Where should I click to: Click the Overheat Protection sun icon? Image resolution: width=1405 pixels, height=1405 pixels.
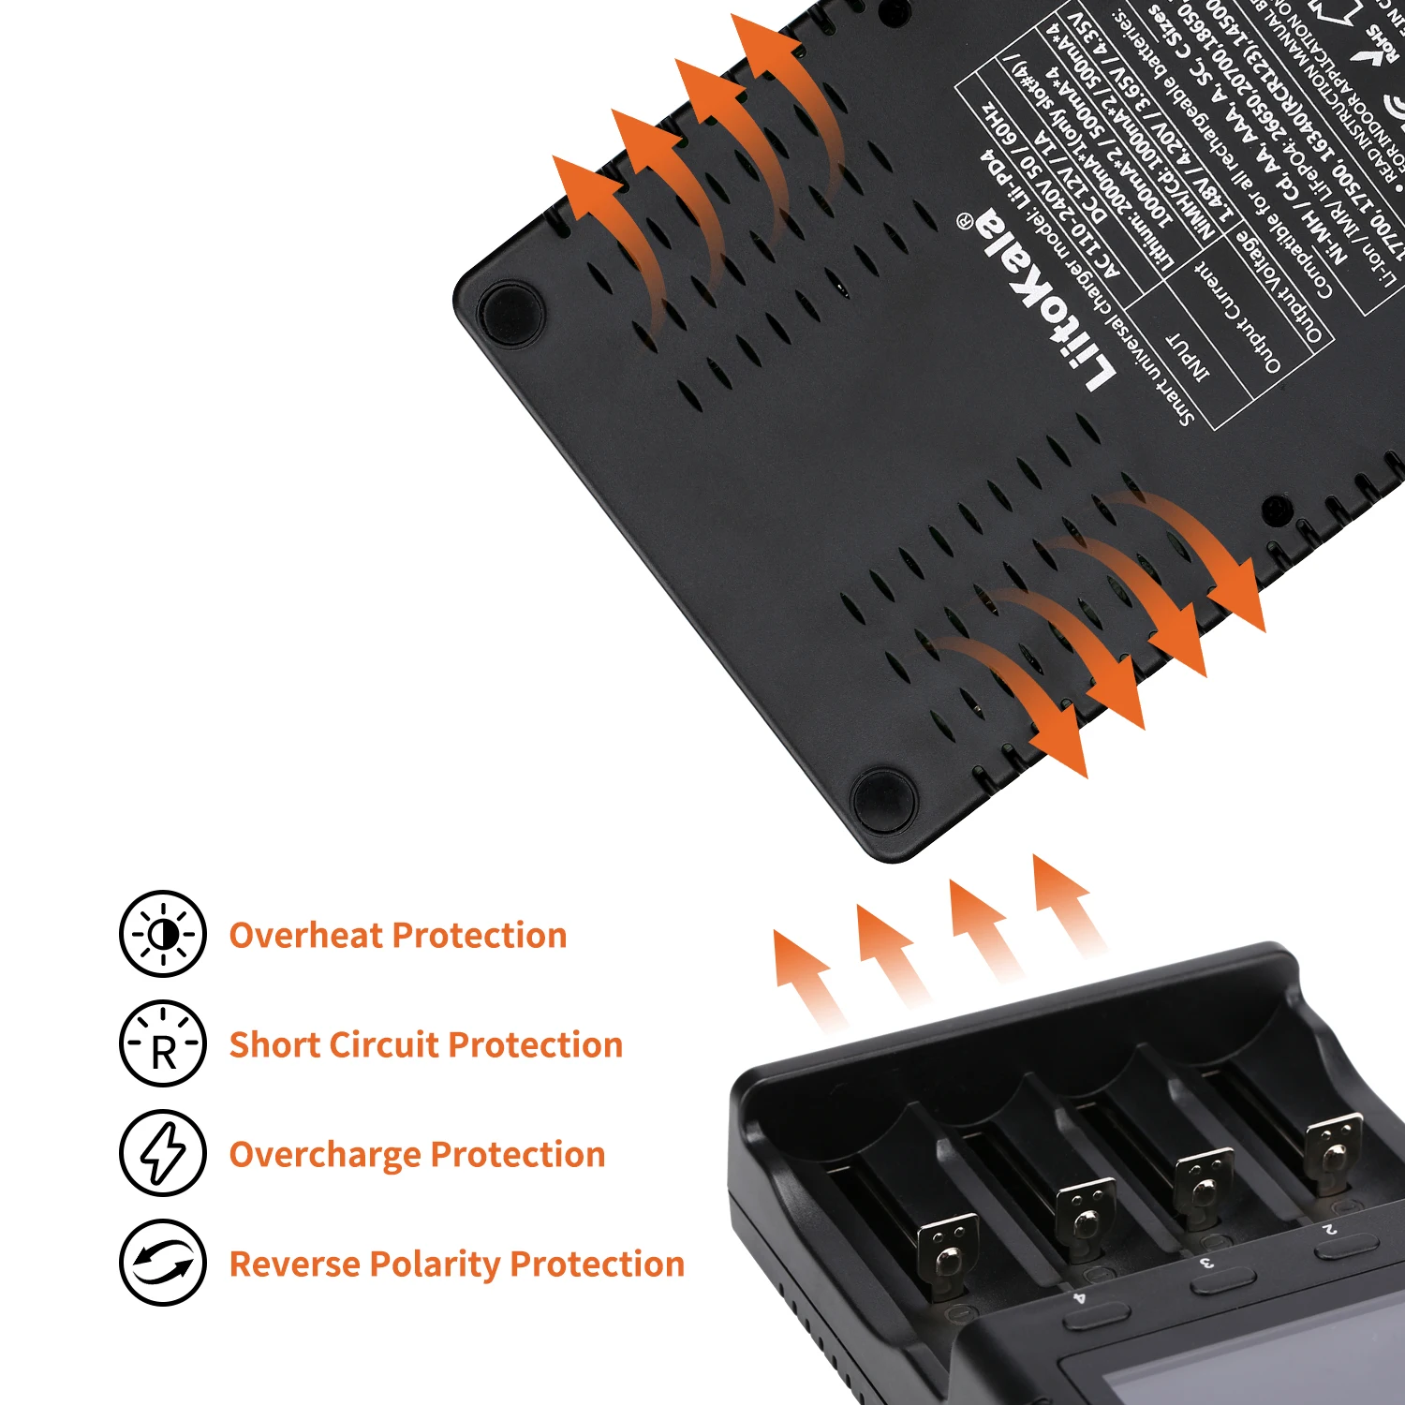click(x=163, y=934)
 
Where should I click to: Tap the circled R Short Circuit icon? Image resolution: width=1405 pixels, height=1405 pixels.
click(x=163, y=1043)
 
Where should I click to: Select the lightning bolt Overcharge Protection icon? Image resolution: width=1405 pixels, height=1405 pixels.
click(x=163, y=1153)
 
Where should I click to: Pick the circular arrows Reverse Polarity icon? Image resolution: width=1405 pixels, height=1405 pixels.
click(x=163, y=1263)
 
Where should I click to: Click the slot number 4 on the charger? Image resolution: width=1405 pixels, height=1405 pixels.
click(x=1079, y=1298)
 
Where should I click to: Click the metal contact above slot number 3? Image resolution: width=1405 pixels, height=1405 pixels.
click(x=1087, y=1218)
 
